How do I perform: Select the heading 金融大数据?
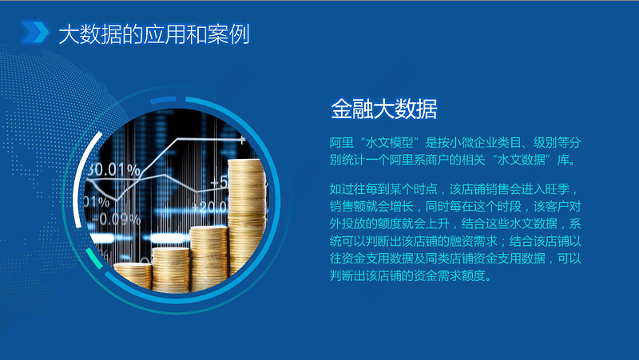tap(383, 109)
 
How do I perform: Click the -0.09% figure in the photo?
tap(111, 218)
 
